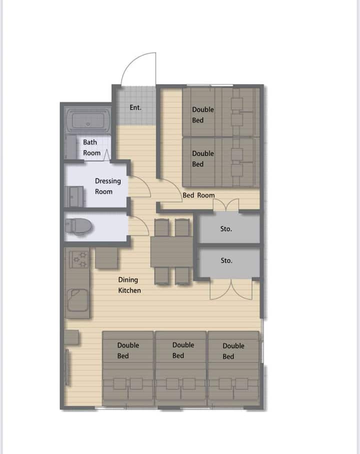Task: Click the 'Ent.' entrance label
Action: pyautogui.click(x=135, y=107)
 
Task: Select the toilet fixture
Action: pyautogui.click(x=78, y=226)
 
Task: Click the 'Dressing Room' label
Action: pyautogui.click(x=107, y=186)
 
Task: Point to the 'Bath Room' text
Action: pyautogui.click(x=91, y=147)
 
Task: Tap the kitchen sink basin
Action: pyautogui.click(x=77, y=300)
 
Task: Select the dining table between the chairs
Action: pyautogui.click(x=171, y=251)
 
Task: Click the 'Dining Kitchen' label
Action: pyautogui.click(x=129, y=285)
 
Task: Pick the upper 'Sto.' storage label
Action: pyautogui.click(x=226, y=229)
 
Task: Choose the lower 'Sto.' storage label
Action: pyautogui.click(x=226, y=260)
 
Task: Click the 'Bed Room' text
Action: pyautogui.click(x=198, y=195)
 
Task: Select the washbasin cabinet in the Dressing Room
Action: pyautogui.click(x=74, y=197)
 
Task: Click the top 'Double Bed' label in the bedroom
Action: pyautogui.click(x=203, y=115)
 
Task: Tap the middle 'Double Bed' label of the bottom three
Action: pyautogui.click(x=183, y=350)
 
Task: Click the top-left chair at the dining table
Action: pyautogui.click(x=161, y=227)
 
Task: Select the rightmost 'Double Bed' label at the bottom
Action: pyautogui.click(x=233, y=351)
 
